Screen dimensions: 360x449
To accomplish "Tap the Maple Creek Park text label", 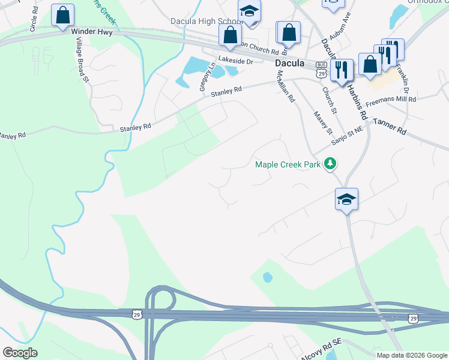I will tap(288, 164).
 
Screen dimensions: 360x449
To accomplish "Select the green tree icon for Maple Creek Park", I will tap(330, 163).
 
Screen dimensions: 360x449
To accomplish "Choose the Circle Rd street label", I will tap(33, 20).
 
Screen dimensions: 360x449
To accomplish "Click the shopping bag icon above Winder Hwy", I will tap(62, 16).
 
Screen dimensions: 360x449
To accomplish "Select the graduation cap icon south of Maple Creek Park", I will tap(346, 199).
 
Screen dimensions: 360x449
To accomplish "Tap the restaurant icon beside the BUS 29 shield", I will tap(342, 70).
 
